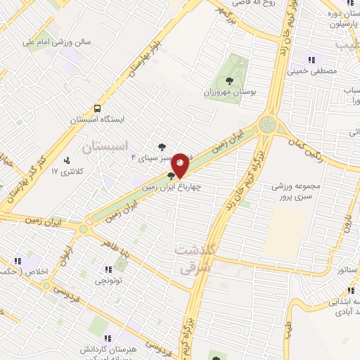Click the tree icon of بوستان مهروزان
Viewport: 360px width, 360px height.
(232, 79)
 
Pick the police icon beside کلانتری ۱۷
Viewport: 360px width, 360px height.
(67, 161)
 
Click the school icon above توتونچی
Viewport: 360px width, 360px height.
(108, 269)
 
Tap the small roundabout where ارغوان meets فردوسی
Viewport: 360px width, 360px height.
(46, 286)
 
